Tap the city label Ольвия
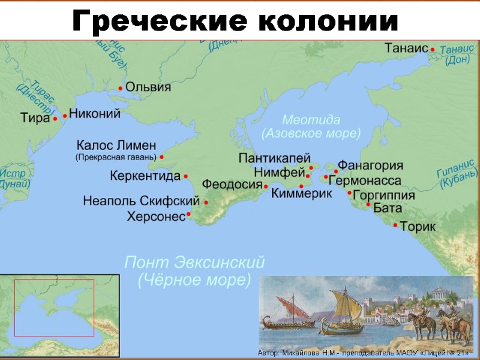click(x=148, y=87)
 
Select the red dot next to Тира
click(x=55, y=119)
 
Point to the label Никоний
click(x=95, y=113)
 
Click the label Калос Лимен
click(x=116, y=145)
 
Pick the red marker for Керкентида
click(x=185, y=176)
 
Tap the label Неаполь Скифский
click(x=141, y=200)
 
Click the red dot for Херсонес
click(x=188, y=214)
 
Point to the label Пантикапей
click(x=274, y=158)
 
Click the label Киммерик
click(x=302, y=193)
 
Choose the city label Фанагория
click(x=370, y=166)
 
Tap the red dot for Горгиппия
click(x=350, y=193)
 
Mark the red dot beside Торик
click(x=395, y=225)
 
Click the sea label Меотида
click(x=311, y=119)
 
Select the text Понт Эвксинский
click(x=194, y=263)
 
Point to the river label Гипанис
click(x=458, y=170)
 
